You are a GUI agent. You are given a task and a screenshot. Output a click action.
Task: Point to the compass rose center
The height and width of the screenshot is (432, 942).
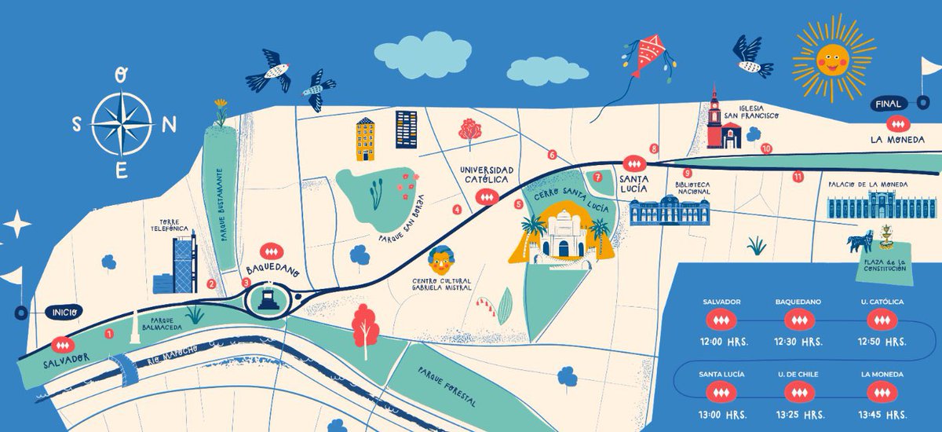[122, 123]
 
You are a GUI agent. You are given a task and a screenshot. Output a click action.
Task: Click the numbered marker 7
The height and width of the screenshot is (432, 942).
[597, 178]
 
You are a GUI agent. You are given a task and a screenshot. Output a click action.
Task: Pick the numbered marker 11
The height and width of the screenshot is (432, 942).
[798, 176]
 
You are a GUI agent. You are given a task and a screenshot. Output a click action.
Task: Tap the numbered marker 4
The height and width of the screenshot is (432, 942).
[457, 210]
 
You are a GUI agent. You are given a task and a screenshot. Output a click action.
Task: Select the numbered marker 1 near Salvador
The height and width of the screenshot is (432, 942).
[109, 334]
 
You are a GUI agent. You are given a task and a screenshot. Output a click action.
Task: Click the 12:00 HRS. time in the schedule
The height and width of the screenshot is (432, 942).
[721, 342]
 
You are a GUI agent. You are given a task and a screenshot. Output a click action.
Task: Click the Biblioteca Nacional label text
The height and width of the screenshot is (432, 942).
[693, 187]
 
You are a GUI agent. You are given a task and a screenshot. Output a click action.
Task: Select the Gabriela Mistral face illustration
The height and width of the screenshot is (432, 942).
[440, 258]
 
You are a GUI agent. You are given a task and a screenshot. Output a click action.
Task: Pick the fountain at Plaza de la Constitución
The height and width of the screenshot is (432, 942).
[885, 236]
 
